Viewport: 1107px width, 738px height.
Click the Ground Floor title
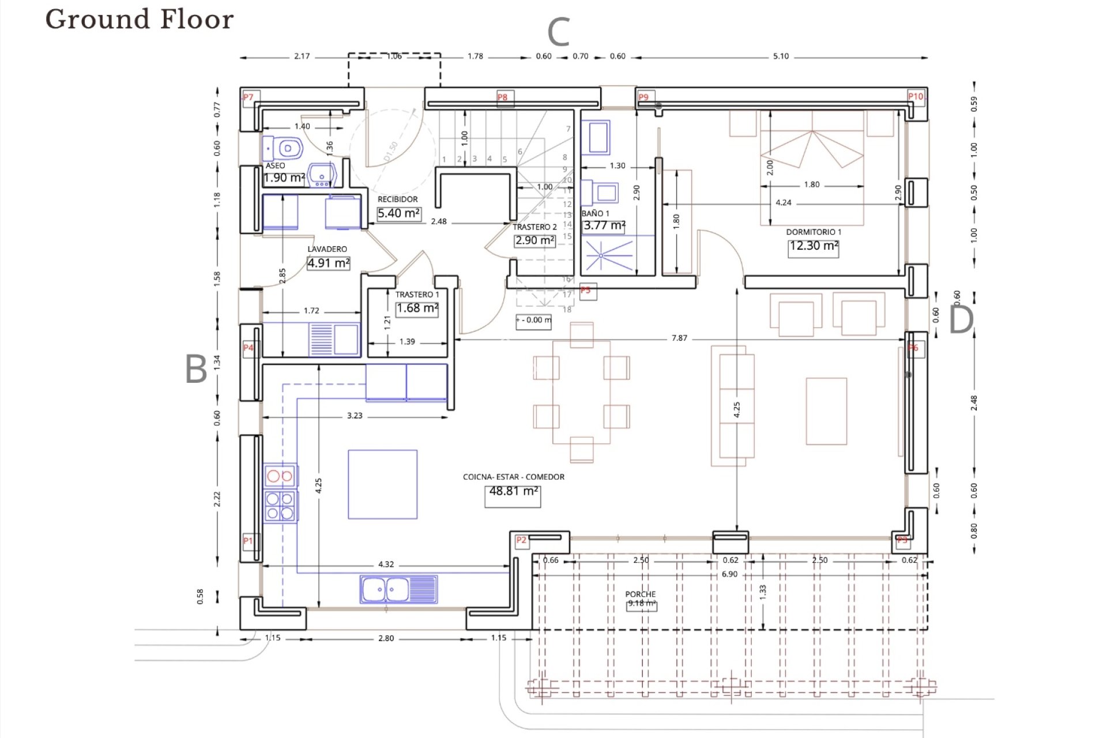[140, 20]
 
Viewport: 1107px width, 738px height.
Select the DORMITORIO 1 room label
[814, 232]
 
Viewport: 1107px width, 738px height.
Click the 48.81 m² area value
[513, 491]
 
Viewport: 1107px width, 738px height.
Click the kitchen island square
[382, 484]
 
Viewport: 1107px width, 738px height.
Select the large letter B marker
[196, 369]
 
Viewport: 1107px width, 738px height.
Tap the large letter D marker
[961, 319]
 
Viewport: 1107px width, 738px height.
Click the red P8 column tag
[503, 97]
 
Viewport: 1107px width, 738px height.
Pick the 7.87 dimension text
[679, 338]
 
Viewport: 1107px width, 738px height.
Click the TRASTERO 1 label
[417, 295]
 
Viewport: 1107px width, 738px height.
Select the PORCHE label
[640, 594]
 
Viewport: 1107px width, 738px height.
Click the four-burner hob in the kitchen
[281, 506]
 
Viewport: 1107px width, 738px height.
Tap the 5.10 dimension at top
[781, 57]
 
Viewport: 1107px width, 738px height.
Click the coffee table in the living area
[826, 411]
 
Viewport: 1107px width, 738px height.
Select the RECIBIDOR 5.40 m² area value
[398, 213]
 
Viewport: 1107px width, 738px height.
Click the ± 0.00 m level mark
[533, 320]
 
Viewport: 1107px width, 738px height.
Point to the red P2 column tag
[521, 540]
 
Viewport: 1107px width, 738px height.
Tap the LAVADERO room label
[327, 249]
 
